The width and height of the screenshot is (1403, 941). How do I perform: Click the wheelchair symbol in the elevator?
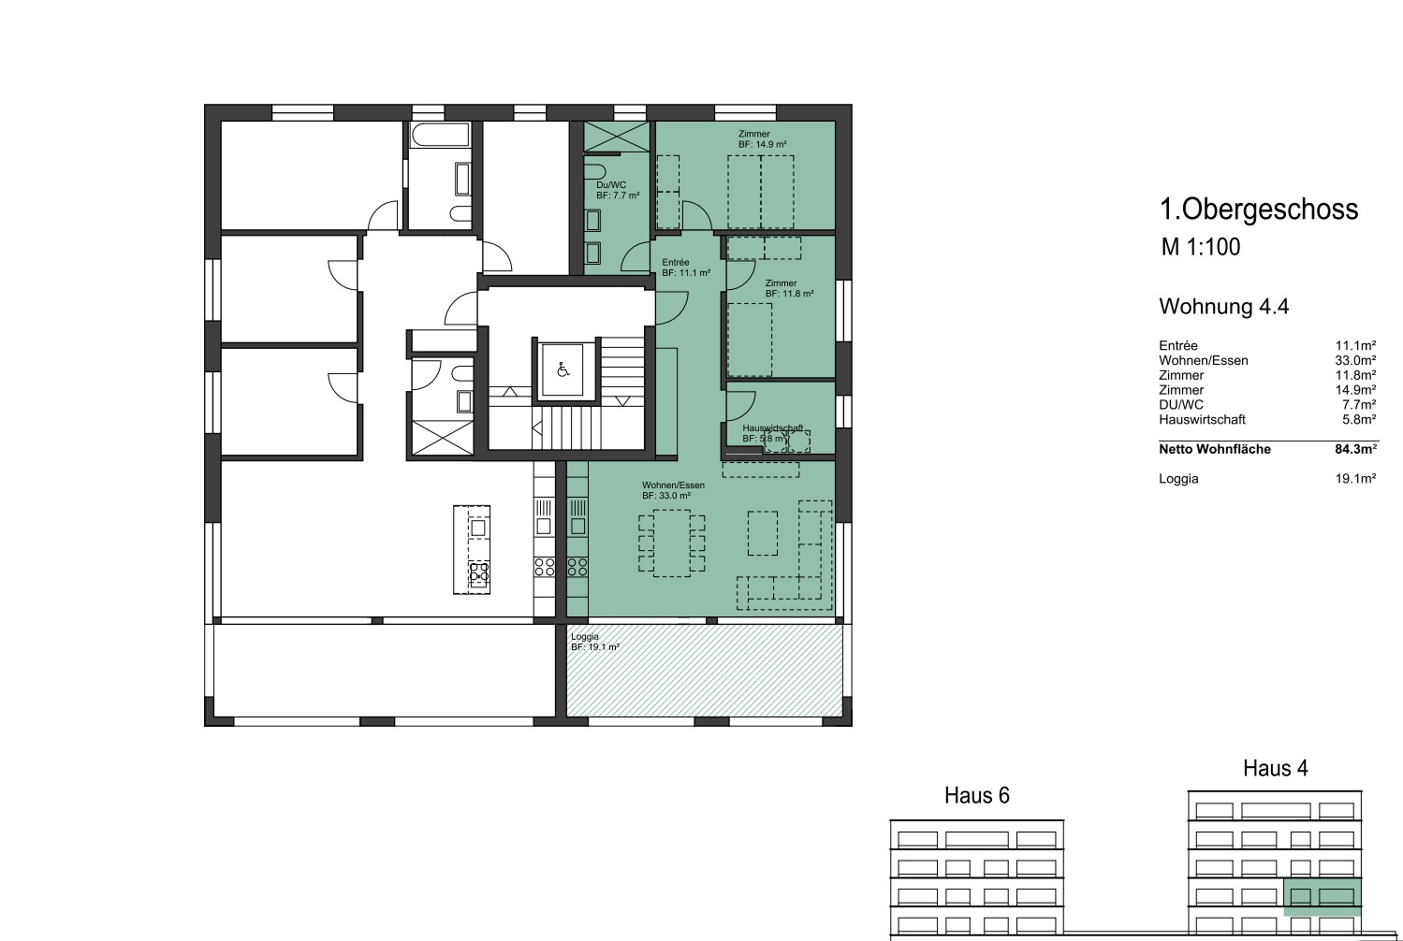pyautogui.click(x=563, y=370)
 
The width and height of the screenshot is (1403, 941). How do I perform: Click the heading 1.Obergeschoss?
pyautogui.click(x=1259, y=210)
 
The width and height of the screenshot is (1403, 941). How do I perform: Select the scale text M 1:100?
pyautogui.click(x=1201, y=247)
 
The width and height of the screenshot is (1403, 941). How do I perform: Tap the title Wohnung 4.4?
pyautogui.click(x=1224, y=307)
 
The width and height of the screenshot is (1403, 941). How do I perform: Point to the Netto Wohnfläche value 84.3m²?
pyautogui.click(x=1355, y=449)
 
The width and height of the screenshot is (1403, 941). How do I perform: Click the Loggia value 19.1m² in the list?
pyautogui.click(x=1355, y=479)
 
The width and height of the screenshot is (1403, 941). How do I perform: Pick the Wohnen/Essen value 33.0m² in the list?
pyautogui.click(x=1355, y=361)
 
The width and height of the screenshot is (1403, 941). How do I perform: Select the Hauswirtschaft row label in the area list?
pyautogui.click(x=1202, y=419)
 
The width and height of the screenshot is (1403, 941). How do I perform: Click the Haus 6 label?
pyautogui.click(x=977, y=795)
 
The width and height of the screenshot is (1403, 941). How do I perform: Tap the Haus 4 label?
pyautogui.click(x=1276, y=768)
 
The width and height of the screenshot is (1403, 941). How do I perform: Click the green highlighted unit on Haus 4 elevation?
pyautogui.click(x=1323, y=897)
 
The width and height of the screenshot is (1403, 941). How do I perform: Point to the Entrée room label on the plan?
pyautogui.click(x=686, y=268)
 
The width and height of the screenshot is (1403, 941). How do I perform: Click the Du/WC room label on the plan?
pyautogui.click(x=618, y=190)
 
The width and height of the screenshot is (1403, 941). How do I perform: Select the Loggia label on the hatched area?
pyautogui.click(x=595, y=642)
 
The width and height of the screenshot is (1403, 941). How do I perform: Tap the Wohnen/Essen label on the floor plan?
pyautogui.click(x=673, y=490)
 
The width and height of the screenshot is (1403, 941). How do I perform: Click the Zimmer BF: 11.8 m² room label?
pyautogui.click(x=789, y=288)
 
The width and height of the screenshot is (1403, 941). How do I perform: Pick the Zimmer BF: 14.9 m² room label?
pyautogui.click(x=762, y=139)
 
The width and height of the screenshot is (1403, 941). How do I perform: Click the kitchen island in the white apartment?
pyautogui.click(x=472, y=550)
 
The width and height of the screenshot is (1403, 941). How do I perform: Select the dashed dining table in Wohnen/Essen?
pyautogui.click(x=671, y=543)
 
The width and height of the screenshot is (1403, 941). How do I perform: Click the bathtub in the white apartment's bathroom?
pyautogui.click(x=439, y=135)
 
